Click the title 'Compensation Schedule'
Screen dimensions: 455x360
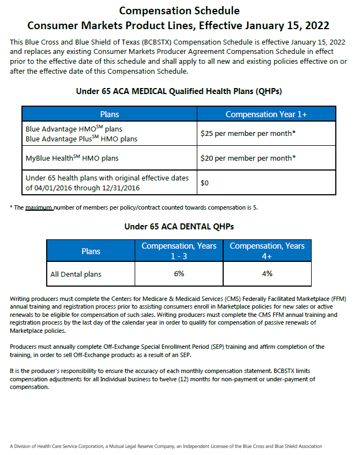click(179, 10)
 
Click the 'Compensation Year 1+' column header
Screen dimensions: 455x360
click(266, 114)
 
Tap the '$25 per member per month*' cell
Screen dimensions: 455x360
click(248, 133)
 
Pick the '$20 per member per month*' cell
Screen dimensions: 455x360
click(248, 158)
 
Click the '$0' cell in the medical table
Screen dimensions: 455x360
click(204, 183)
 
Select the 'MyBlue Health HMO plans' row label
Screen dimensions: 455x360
click(72, 158)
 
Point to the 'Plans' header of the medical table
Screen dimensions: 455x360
click(109, 114)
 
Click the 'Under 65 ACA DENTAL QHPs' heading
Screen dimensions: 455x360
click(179, 226)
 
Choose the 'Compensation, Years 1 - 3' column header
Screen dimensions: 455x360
click(179, 250)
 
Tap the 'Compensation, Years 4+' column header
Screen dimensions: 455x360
click(267, 250)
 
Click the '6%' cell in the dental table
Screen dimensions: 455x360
click(179, 273)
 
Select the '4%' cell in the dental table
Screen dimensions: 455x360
click(267, 273)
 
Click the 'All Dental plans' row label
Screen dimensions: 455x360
click(76, 274)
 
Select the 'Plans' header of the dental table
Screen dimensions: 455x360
click(91, 251)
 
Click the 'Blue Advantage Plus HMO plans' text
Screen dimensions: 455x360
click(81, 139)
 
